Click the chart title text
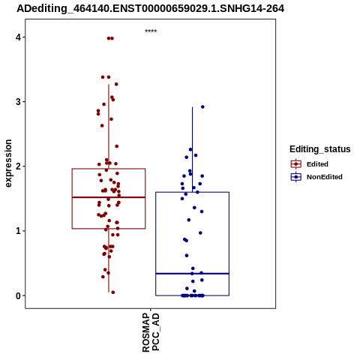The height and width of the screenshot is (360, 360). click(151, 9)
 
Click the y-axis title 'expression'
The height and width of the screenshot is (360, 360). click(8, 163)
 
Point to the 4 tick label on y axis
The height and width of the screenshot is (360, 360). click(18, 37)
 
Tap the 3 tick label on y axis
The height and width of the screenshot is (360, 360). click(18, 102)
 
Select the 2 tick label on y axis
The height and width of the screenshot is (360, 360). click(18, 166)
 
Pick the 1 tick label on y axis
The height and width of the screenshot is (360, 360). click(18, 231)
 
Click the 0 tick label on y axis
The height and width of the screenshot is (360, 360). click(18, 295)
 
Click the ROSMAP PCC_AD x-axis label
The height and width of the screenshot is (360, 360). click(151, 332)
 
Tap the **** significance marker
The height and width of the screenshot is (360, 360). click(151, 31)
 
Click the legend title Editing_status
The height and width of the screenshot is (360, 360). click(320, 149)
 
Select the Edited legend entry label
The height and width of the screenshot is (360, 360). click(317, 164)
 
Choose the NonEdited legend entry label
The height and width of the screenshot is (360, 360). click(325, 177)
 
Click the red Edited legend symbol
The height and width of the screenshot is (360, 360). click(296, 164)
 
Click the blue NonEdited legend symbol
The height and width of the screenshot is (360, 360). click(296, 177)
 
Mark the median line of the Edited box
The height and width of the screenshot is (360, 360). click(109, 197)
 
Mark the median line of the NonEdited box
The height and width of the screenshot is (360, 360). click(192, 274)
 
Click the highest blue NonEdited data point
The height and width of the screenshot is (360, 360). click(202, 107)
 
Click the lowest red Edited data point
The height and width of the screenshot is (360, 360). click(113, 292)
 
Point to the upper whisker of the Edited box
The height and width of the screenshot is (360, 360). click(109, 127)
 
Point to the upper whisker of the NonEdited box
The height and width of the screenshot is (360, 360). click(192, 149)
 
